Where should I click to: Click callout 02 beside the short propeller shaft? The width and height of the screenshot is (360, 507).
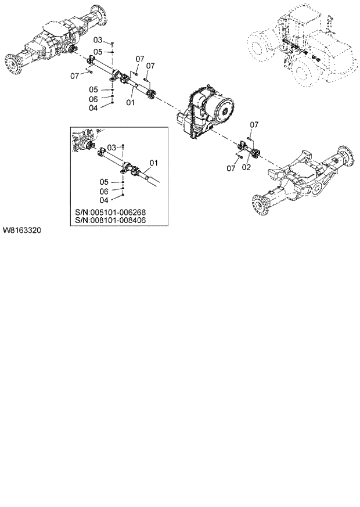pyautogui.click(x=246, y=167)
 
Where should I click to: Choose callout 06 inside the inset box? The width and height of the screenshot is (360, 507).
pyautogui.click(x=104, y=191)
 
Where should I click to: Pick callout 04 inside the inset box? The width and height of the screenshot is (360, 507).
pyautogui.click(x=104, y=200)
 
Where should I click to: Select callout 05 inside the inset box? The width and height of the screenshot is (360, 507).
pyautogui.click(x=104, y=182)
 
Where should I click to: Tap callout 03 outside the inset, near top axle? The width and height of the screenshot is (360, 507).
pyautogui.click(x=98, y=40)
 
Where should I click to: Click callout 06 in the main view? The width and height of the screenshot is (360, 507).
pyautogui.click(x=93, y=99)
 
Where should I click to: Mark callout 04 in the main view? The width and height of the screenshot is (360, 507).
pyautogui.click(x=93, y=108)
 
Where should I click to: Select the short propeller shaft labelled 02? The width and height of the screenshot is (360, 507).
pyautogui.click(x=249, y=152)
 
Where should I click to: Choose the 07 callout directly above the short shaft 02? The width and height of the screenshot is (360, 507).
pyautogui.click(x=253, y=124)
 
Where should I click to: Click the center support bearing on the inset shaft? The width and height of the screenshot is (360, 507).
pyautogui.click(x=131, y=170)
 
